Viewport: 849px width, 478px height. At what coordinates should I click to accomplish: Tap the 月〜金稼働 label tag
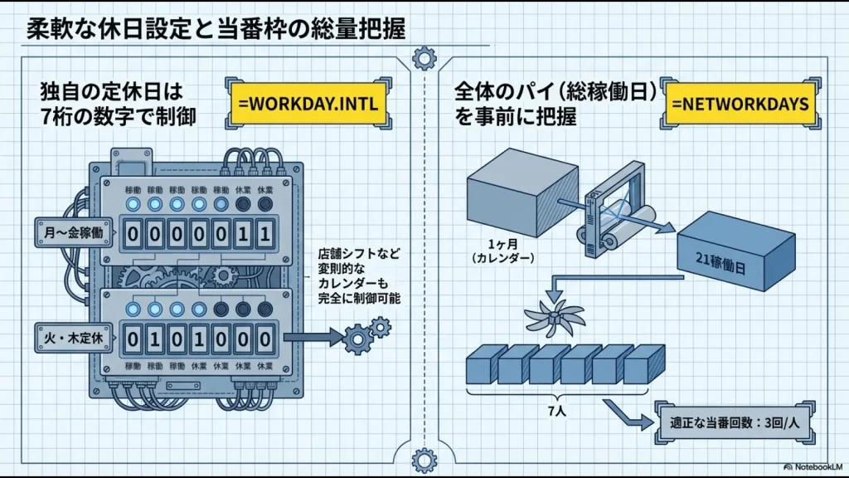[70, 232]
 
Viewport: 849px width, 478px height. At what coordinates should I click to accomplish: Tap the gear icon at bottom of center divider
[424, 457]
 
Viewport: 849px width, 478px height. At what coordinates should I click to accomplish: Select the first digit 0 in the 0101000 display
[136, 339]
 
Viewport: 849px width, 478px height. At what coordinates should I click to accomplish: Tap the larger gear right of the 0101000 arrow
[357, 339]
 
